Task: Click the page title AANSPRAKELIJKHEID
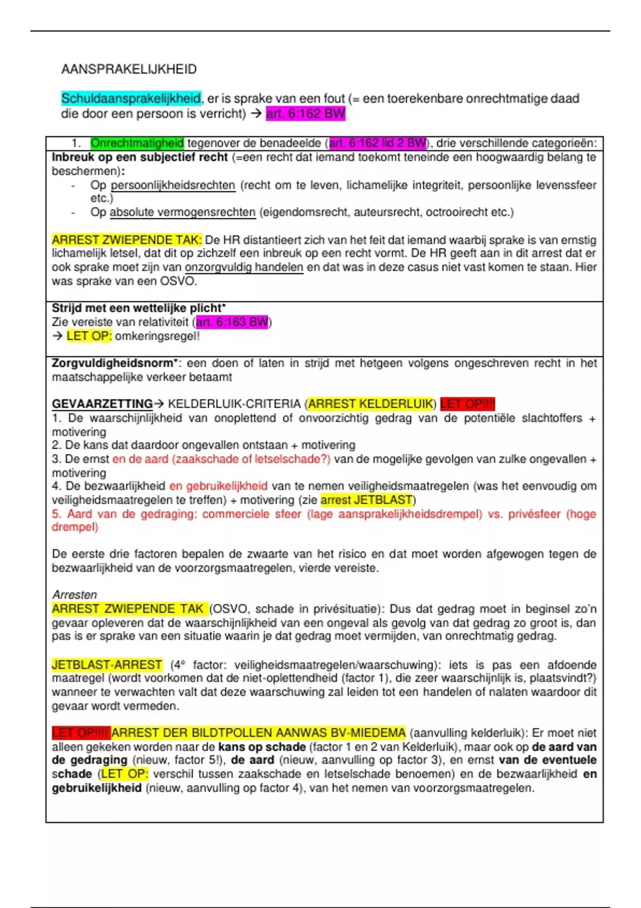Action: point(129,69)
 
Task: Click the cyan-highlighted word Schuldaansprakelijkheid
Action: point(131,98)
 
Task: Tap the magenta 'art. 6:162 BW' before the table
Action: point(306,113)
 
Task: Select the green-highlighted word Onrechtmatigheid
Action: point(137,143)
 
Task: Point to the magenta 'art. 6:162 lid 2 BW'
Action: point(378,143)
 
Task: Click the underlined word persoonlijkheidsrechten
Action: point(173,185)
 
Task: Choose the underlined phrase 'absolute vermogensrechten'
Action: point(183,212)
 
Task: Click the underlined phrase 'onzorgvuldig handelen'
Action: point(244,267)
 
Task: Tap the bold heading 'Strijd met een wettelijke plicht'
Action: point(138,308)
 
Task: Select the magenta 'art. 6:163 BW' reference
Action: point(232,322)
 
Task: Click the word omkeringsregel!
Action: point(157,336)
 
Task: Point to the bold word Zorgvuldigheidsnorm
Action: point(113,363)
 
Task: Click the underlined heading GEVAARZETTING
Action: point(102,404)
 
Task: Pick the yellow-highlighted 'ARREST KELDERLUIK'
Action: point(371,404)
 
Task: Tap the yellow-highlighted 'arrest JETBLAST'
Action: point(366,500)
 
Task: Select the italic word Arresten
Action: point(74,594)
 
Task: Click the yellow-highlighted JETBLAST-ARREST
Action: point(107,664)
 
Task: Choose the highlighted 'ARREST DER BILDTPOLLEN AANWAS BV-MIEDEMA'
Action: point(259,733)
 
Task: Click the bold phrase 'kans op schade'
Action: point(262,747)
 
